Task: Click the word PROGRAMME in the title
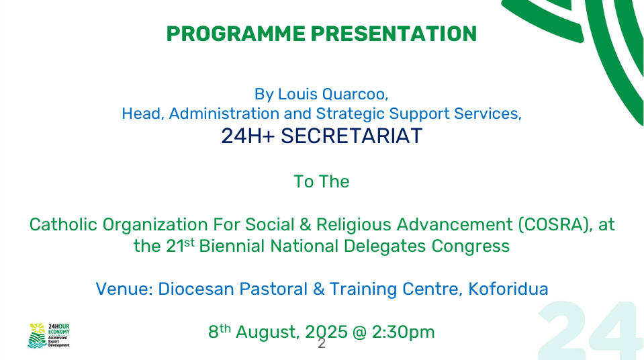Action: pyautogui.click(x=236, y=34)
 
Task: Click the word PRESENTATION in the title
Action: pyautogui.click(x=394, y=34)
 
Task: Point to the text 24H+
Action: pyautogui.click(x=248, y=136)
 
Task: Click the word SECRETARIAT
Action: pyautogui.click(x=352, y=136)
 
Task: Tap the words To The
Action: pyautogui.click(x=322, y=181)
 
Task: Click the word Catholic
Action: pyautogui.click(x=63, y=225)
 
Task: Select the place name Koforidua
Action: pyautogui.click(x=508, y=289)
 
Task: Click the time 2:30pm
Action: pyautogui.click(x=404, y=332)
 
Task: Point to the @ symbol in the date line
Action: pyautogui.click(x=360, y=332)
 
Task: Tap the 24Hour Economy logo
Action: pyautogui.click(x=48, y=335)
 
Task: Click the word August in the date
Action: pyautogui.click(x=268, y=332)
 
